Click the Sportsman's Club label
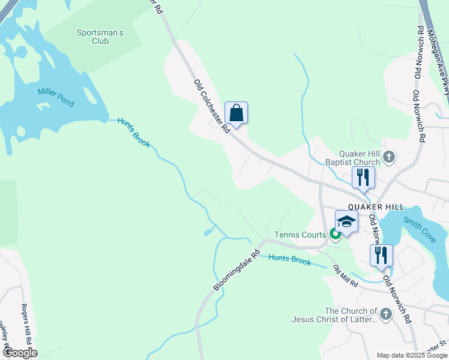[x=100, y=37]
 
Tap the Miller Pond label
[x=56, y=97]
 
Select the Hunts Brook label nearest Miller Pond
[x=133, y=131]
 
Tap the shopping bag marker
[x=237, y=112]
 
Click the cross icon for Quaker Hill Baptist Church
[x=389, y=158]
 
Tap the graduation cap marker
[x=346, y=221]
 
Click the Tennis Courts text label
[x=300, y=235]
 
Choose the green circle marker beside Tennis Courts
[x=335, y=235]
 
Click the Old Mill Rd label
[x=345, y=275]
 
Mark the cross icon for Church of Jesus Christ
[x=386, y=313]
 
